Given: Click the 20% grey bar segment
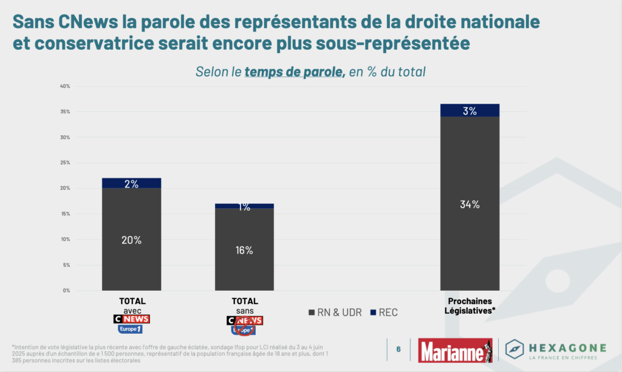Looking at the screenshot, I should pyautogui.click(x=131, y=239).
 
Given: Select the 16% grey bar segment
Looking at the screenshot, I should pyautogui.click(x=244, y=249).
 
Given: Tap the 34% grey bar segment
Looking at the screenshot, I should pyautogui.click(x=470, y=204).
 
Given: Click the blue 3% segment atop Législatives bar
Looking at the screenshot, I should pyautogui.click(x=470, y=110).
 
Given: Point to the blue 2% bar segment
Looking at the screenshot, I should pyautogui.click(x=131, y=183).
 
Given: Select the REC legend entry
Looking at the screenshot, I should pyautogui.click(x=384, y=313).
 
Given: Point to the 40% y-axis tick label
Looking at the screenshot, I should pyautogui.click(x=65, y=86).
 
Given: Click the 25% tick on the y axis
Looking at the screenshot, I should pyautogui.click(x=65, y=163).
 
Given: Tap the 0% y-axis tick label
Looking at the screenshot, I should pyautogui.click(x=66, y=290).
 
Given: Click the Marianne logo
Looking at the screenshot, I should pyautogui.click(x=455, y=350).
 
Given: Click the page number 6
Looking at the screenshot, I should pyautogui.click(x=398, y=350).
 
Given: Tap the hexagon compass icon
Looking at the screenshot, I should pyautogui.click(x=515, y=350).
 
